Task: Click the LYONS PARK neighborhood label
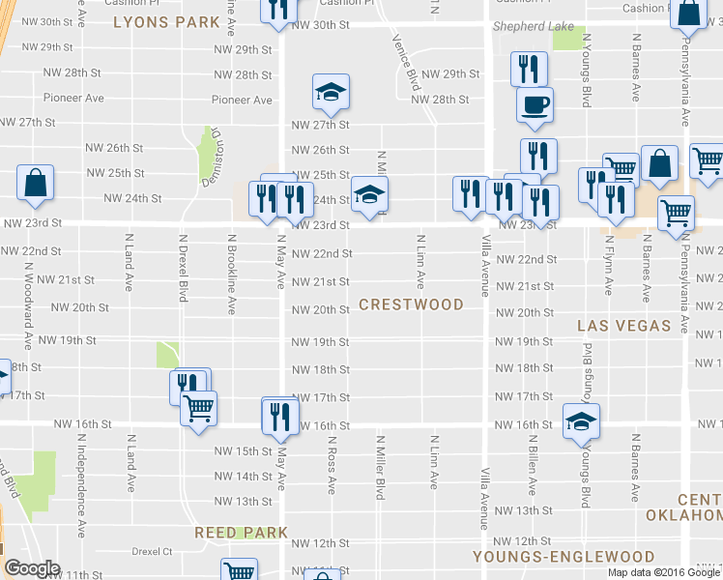click(x=159, y=20)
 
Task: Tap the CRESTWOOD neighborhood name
click(x=411, y=304)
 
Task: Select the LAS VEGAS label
click(x=623, y=326)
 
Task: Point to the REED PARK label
click(x=241, y=533)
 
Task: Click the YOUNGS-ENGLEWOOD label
click(x=564, y=557)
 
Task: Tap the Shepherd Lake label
click(x=534, y=27)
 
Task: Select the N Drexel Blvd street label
click(x=182, y=267)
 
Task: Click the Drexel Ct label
click(x=152, y=552)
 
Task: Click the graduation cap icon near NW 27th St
click(x=331, y=92)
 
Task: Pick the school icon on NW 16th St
click(x=582, y=420)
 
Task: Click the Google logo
click(x=31, y=568)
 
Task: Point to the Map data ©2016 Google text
click(x=663, y=571)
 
